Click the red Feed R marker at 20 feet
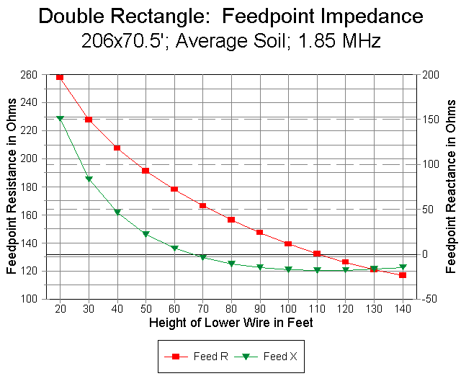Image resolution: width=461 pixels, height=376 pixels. coord(60,76)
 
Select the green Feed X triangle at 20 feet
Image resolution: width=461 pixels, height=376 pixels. coord(60,118)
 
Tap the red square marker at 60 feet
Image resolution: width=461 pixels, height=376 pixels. coord(174,189)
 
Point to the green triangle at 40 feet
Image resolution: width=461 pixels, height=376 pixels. coord(117,212)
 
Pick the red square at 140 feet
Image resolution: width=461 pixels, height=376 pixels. coord(403,275)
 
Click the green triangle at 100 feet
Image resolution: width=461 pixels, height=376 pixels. coord(288,269)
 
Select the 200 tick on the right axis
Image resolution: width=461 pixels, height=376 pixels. coord(430,74)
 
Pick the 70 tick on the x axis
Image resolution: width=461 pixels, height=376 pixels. coord(202,308)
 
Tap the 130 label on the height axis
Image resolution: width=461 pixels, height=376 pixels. coord(374,308)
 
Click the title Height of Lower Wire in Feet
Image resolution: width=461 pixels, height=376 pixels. coord(230,322)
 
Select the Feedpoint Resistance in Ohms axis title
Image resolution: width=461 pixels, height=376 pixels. coord(12,187)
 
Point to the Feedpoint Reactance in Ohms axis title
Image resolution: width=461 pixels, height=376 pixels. coord(452,187)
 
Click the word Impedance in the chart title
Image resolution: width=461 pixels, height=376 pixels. coord(370,15)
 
